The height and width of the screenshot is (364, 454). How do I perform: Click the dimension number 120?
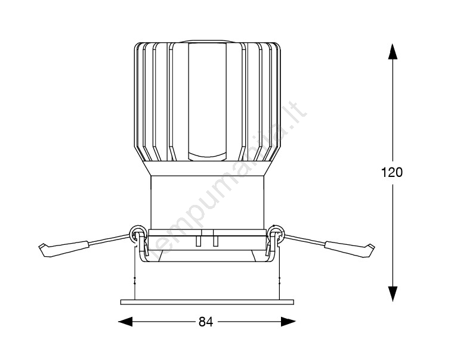tap(392, 172)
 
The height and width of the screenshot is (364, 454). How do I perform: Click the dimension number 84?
tap(206, 322)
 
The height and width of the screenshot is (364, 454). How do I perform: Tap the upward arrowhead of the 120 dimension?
tap(393, 51)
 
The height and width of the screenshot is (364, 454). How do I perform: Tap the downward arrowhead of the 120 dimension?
tap(393, 294)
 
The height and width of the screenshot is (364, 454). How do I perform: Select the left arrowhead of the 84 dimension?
tap(125, 322)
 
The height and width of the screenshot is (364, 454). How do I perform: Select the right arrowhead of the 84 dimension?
tap(288, 322)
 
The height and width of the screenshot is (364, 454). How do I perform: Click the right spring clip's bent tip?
tap(370, 250)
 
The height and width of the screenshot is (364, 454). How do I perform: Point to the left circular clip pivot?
tap(136, 233)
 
